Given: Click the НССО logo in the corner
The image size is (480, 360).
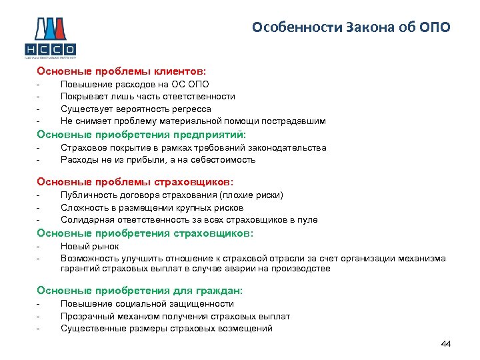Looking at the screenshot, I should pyautogui.click(x=50, y=37).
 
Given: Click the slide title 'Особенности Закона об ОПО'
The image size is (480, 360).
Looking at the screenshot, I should pyautogui.click(x=351, y=27).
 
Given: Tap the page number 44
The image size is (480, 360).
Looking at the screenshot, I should pyautogui.click(x=446, y=343).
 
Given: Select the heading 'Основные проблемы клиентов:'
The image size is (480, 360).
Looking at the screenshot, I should pyautogui.click(x=122, y=70).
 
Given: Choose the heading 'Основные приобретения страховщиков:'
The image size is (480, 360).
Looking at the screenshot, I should pyautogui.click(x=145, y=233).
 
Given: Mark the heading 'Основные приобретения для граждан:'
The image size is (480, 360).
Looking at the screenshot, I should pyautogui.click(x=140, y=291).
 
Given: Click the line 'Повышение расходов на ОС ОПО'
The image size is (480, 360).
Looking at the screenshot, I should pyautogui.click(x=135, y=84).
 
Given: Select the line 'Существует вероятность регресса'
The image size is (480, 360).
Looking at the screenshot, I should pyautogui.click(x=135, y=109).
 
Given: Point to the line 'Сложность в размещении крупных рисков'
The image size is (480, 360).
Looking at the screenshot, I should pyautogui.click(x=147, y=207).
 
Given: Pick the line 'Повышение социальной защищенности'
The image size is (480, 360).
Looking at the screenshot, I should pyautogui.click(x=147, y=303).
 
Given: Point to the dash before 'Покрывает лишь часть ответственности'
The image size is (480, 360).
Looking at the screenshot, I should pyautogui.click(x=39, y=97).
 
